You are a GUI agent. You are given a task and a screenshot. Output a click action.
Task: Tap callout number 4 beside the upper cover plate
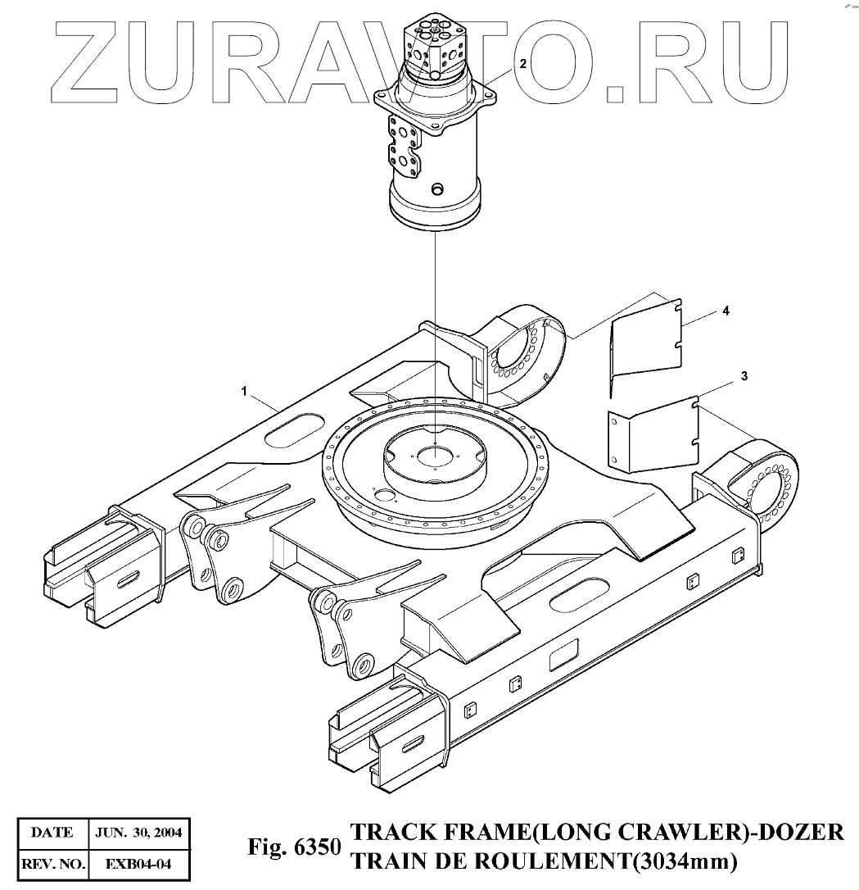(x=726, y=311)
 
